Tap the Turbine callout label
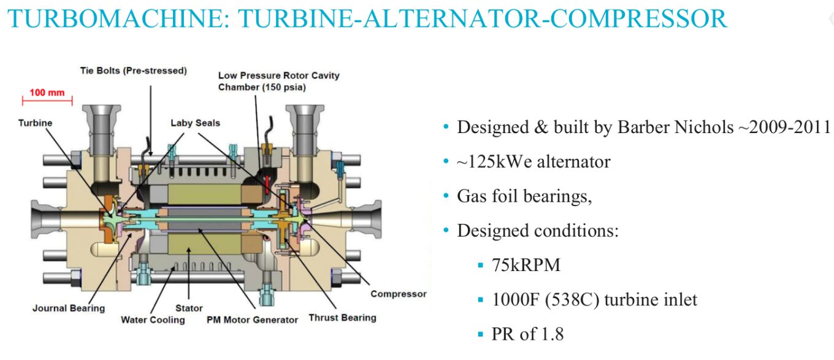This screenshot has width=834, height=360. (x=35, y=123)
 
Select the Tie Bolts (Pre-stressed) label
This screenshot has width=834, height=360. (x=133, y=71)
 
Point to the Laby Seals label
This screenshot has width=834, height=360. (x=195, y=123)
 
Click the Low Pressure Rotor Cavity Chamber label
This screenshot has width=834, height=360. (x=278, y=81)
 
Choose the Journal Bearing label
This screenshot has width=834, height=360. (x=69, y=308)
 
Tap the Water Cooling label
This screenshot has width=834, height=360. (x=153, y=320)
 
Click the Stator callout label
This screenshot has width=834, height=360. (x=188, y=308)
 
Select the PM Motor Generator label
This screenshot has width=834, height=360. (x=253, y=320)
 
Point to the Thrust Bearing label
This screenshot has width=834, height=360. (x=342, y=318)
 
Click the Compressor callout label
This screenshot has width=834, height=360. (x=398, y=294)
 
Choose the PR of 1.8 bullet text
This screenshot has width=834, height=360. (x=527, y=334)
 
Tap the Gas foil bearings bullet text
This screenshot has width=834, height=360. (x=524, y=196)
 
